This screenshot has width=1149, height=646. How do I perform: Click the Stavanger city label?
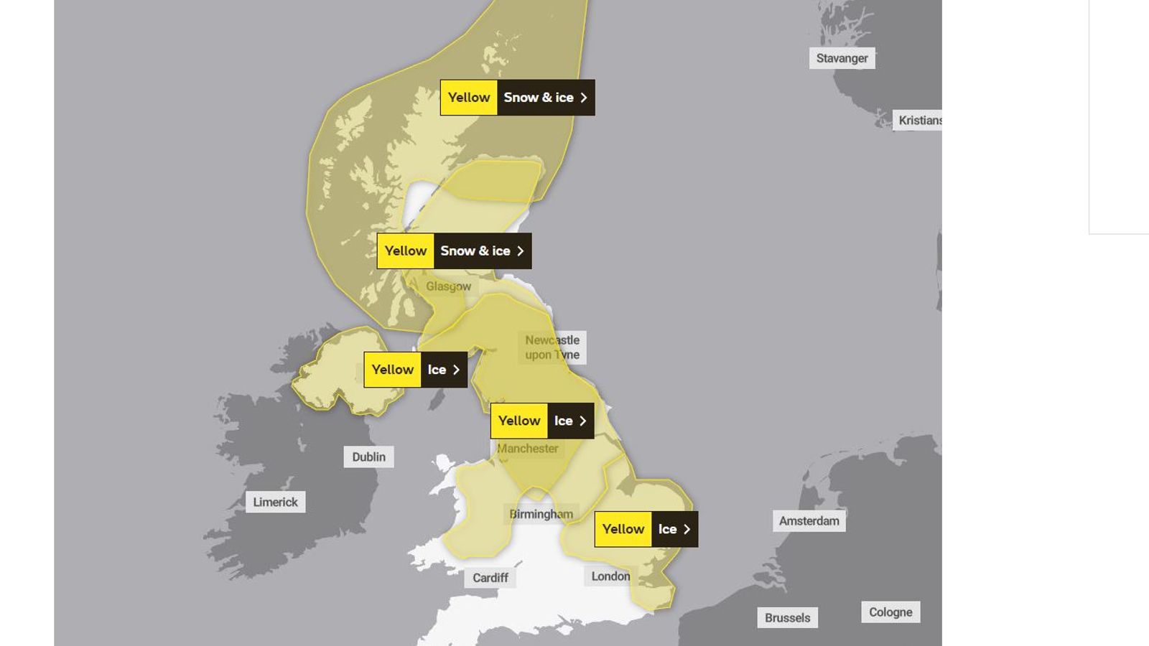tap(842, 58)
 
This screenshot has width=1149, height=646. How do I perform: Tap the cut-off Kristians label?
tap(918, 121)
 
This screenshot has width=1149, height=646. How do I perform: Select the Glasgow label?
tap(448, 286)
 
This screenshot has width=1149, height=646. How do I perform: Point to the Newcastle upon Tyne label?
tap(552, 347)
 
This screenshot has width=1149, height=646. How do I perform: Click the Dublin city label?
tap(368, 457)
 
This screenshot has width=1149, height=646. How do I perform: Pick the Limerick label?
tap(275, 502)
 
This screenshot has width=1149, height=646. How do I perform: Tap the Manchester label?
tap(528, 449)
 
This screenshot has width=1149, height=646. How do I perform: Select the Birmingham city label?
tap(541, 514)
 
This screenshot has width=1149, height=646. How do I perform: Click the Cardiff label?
tap(490, 578)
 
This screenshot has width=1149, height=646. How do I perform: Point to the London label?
tap(610, 576)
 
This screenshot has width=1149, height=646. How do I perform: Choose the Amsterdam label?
tap(809, 521)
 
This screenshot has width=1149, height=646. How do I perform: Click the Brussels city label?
tap(787, 618)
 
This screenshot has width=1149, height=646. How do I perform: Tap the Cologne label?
tap(890, 612)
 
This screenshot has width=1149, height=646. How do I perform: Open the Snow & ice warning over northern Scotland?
tap(517, 98)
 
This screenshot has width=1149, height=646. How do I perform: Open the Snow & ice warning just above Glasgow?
tap(454, 251)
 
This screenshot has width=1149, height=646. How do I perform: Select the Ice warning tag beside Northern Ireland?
tap(415, 370)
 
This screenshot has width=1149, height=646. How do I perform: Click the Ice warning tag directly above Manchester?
tap(541, 421)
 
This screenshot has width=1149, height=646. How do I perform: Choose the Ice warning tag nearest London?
tap(646, 530)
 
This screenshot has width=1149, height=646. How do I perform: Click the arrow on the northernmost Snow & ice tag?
tap(584, 98)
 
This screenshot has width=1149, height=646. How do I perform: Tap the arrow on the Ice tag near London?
tap(687, 530)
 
